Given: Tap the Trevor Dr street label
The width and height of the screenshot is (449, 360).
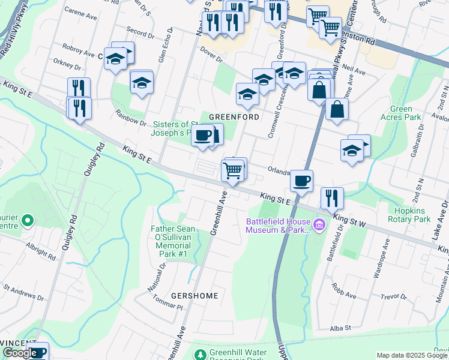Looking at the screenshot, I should coord(394,296).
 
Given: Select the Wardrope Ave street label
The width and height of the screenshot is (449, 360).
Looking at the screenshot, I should coord(381,252).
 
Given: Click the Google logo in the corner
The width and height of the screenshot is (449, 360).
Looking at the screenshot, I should coord(20,353).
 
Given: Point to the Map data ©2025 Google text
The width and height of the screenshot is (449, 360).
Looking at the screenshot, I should coord(412,355).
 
